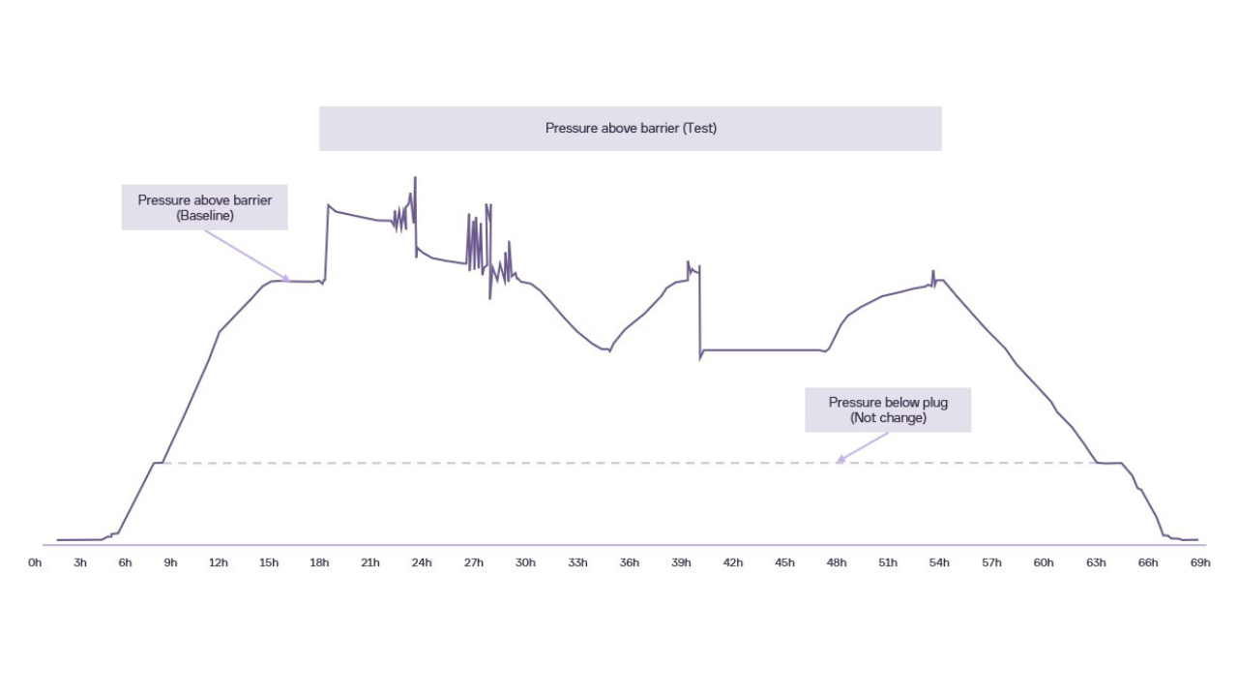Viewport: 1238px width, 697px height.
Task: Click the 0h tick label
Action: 35,562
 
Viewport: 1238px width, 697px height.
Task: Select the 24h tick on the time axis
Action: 422,562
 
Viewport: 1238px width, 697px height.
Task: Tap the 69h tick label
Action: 1199,562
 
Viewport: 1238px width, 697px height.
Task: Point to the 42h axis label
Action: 733,562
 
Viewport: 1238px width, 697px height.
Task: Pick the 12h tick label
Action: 219,562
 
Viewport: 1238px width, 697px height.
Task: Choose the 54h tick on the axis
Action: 938,562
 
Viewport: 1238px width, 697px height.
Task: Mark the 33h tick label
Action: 577,562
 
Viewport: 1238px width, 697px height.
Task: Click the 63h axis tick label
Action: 1096,562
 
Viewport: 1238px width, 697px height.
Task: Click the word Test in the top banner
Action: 699,128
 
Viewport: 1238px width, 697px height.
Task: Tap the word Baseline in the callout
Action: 205,216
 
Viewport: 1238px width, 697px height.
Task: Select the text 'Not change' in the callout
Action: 888,418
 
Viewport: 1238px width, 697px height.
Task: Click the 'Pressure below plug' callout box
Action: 888,410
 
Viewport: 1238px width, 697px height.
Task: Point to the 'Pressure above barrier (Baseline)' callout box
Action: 204,208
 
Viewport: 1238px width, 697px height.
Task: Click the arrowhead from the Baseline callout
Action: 286,279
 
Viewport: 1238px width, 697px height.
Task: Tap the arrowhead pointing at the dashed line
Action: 840,460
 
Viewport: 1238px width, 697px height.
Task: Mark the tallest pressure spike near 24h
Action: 415,179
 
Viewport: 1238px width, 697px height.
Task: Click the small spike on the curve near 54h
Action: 933,272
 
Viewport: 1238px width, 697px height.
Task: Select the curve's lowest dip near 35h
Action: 609,350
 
